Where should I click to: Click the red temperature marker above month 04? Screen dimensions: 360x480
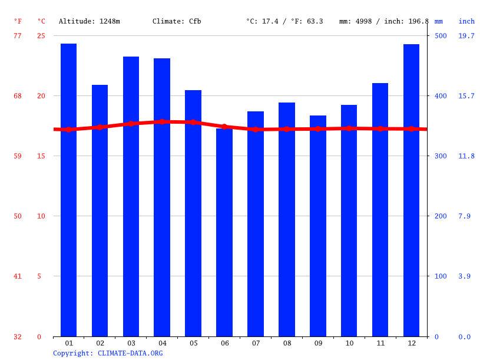(162, 121)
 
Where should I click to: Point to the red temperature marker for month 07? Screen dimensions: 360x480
(256, 129)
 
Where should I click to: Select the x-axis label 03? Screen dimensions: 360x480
(131, 343)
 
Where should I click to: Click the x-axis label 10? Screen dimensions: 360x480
(349, 343)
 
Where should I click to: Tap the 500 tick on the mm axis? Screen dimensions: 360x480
(441, 36)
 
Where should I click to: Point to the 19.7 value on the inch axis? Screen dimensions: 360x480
(466, 36)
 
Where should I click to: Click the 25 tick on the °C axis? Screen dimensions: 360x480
(41, 36)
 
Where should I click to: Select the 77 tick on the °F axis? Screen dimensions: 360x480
(18, 36)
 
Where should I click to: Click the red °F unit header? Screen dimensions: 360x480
(18, 21)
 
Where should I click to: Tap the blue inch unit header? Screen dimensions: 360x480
(466, 21)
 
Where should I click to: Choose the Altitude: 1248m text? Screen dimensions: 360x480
(90, 21)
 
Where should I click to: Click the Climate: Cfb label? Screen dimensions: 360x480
(177, 21)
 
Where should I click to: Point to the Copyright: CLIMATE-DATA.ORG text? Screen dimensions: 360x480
(108, 353)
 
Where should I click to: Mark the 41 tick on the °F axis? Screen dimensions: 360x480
(18, 276)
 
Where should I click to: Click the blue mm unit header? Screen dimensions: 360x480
(439, 21)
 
